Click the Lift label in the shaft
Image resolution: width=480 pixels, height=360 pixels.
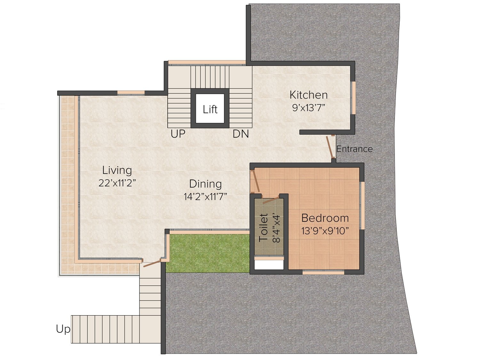coord(210,109)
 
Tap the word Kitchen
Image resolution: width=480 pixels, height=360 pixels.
coord(308,95)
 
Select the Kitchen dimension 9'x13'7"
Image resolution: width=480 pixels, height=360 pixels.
coord(308,108)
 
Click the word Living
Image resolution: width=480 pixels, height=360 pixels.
coord(117,171)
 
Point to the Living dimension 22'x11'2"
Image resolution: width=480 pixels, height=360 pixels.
coord(117,183)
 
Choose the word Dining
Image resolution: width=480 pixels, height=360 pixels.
coord(205,184)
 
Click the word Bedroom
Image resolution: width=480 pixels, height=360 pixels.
coord(325,218)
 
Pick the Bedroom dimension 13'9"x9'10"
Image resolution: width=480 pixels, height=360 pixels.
coord(325,231)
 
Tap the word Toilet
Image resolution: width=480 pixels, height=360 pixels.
coord(263,228)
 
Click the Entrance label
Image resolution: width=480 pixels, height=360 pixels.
coord(355,149)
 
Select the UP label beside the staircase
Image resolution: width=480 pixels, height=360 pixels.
coord(178,134)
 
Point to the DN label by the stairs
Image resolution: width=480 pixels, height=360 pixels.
coord(241,134)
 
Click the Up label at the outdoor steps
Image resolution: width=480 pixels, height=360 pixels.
coord(63,329)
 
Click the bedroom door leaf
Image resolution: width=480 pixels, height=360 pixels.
coord(256,181)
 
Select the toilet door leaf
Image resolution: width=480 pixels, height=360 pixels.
coord(271,200)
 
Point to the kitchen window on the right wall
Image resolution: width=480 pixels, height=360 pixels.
coord(353,98)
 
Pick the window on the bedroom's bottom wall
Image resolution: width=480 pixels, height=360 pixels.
coord(323,272)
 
